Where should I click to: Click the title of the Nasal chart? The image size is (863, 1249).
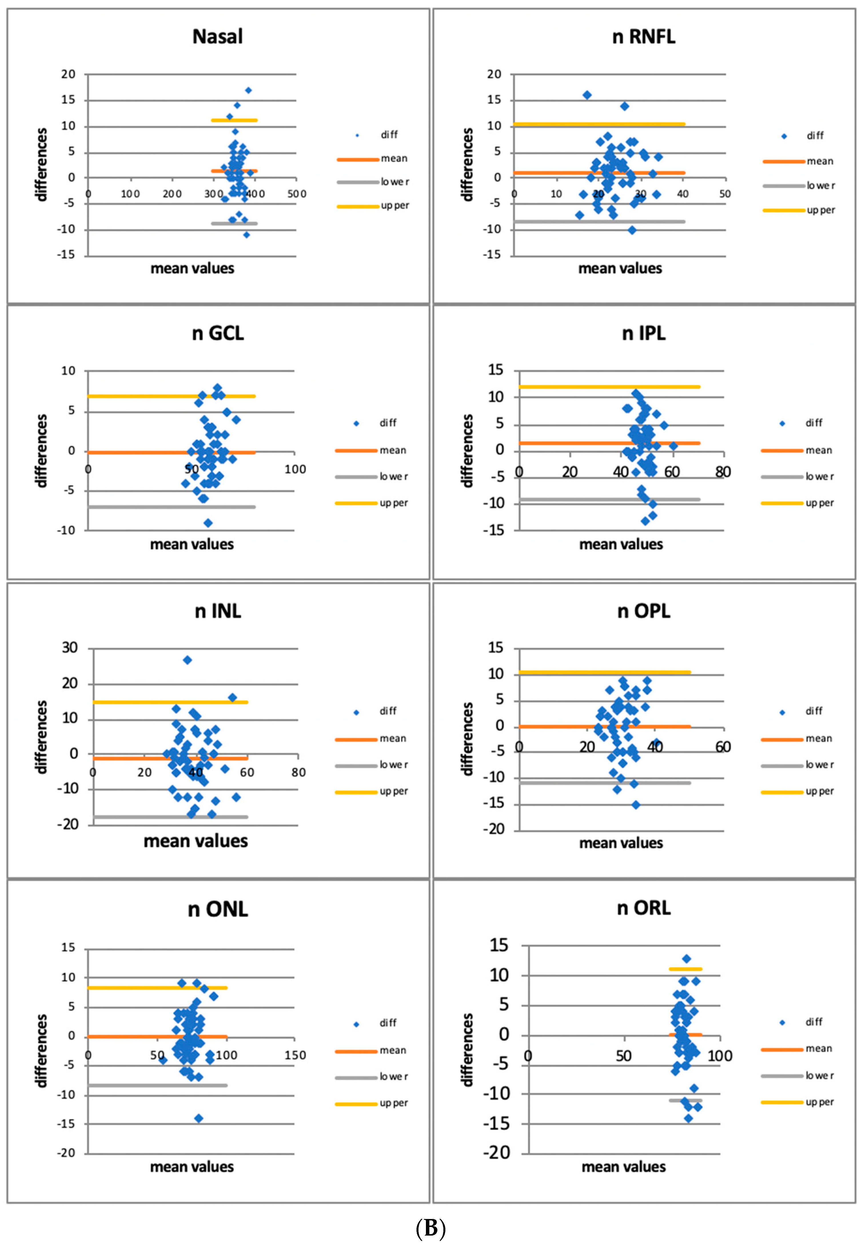click(x=217, y=37)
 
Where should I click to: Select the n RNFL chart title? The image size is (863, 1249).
click(x=643, y=37)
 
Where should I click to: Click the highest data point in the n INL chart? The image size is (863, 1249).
click(x=187, y=660)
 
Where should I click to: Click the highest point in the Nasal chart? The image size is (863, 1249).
click(x=248, y=90)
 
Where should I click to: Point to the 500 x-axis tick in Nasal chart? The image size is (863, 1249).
click(x=296, y=194)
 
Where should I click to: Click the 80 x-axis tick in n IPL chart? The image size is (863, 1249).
click(x=723, y=472)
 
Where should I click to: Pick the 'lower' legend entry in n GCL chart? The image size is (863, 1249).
click(x=372, y=477)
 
